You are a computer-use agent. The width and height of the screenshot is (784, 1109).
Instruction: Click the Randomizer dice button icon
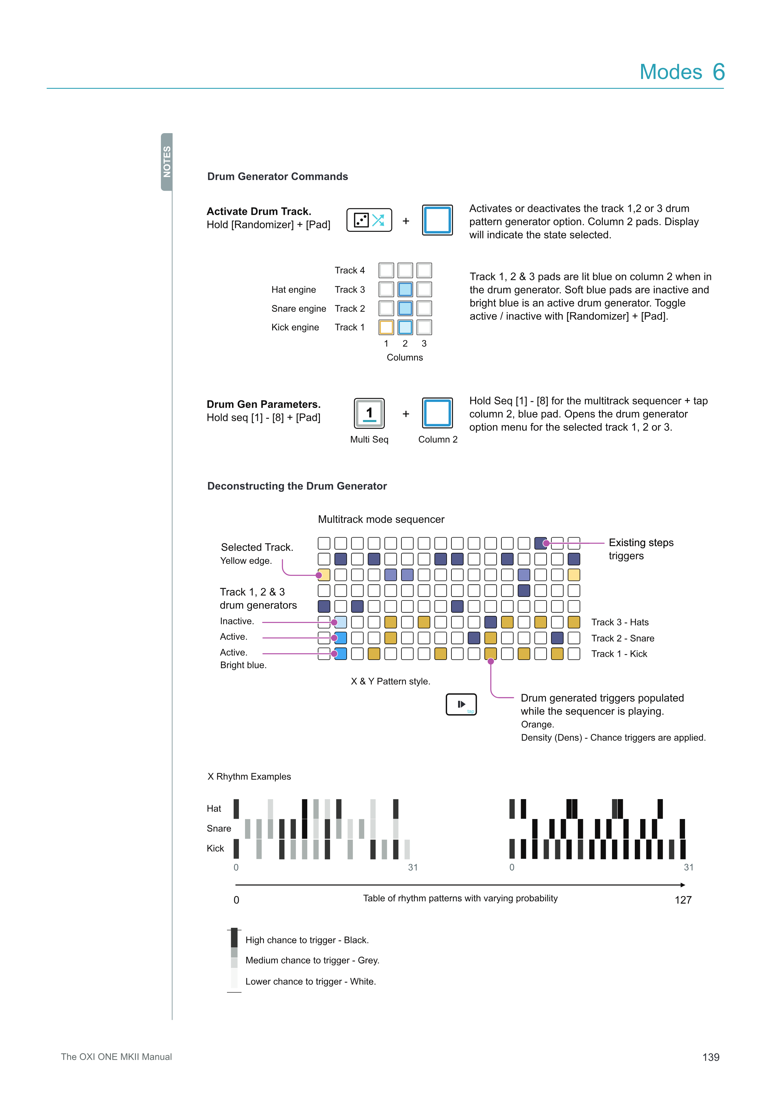click(369, 220)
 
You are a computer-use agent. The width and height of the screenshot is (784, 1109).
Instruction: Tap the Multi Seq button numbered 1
click(369, 413)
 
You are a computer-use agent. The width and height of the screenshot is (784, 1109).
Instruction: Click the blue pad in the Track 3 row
click(405, 289)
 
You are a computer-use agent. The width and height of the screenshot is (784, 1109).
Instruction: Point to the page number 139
click(711, 1057)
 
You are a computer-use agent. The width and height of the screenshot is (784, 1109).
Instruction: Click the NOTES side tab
click(167, 162)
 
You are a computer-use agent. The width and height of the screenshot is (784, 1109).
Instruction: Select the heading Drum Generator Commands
click(278, 176)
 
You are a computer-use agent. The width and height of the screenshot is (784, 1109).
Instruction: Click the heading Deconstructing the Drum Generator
click(297, 486)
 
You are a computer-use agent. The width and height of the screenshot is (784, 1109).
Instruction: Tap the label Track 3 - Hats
click(620, 622)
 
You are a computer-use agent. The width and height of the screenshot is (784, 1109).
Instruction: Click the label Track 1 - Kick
click(619, 654)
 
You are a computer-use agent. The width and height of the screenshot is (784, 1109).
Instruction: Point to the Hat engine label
click(293, 289)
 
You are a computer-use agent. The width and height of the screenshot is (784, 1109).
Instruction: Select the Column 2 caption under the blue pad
click(438, 440)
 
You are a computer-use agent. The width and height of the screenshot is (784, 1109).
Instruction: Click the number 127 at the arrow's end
click(683, 900)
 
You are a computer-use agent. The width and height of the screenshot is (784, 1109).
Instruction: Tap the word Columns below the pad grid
click(405, 357)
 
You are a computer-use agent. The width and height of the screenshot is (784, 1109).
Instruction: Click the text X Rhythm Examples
click(249, 777)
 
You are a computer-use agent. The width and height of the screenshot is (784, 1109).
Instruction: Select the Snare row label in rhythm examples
click(219, 829)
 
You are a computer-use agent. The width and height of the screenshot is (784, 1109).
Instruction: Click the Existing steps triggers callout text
click(640, 549)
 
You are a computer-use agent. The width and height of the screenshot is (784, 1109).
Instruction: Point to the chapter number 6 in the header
click(718, 72)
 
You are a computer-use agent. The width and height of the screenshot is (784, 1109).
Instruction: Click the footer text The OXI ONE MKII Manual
click(116, 1057)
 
